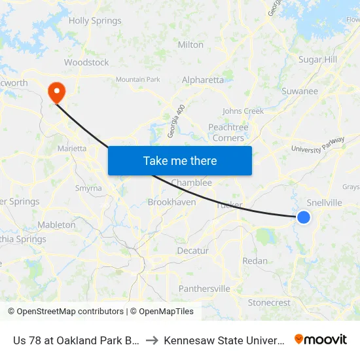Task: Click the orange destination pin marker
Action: click(57, 92)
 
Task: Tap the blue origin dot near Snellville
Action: click(304, 217)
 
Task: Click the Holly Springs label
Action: click(95, 21)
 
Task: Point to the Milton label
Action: click(190, 45)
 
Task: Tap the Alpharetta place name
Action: click(202, 80)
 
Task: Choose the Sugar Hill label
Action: click(317, 60)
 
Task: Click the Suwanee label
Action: click(299, 91)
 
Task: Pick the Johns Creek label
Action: click(243, 111)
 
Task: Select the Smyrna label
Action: click(88, 188)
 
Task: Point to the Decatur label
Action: click(192, 251)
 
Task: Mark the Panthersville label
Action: click(204, 289)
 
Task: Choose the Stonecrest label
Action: click(269, 302)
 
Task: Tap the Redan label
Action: click(255, 261)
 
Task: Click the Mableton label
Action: click(56, 225)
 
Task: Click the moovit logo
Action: click(321, 339)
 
